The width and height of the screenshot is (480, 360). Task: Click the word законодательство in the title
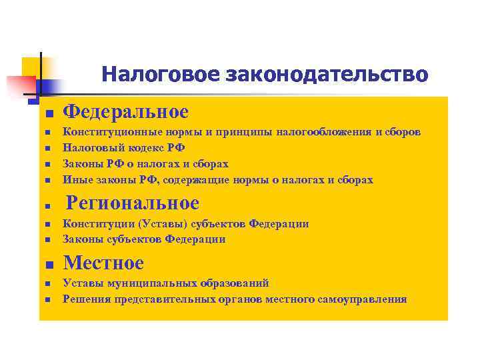[x=327, y=74]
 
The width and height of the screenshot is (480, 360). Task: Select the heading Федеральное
[x=126, y=111]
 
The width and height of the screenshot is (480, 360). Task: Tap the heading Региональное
[x=134, y=202]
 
